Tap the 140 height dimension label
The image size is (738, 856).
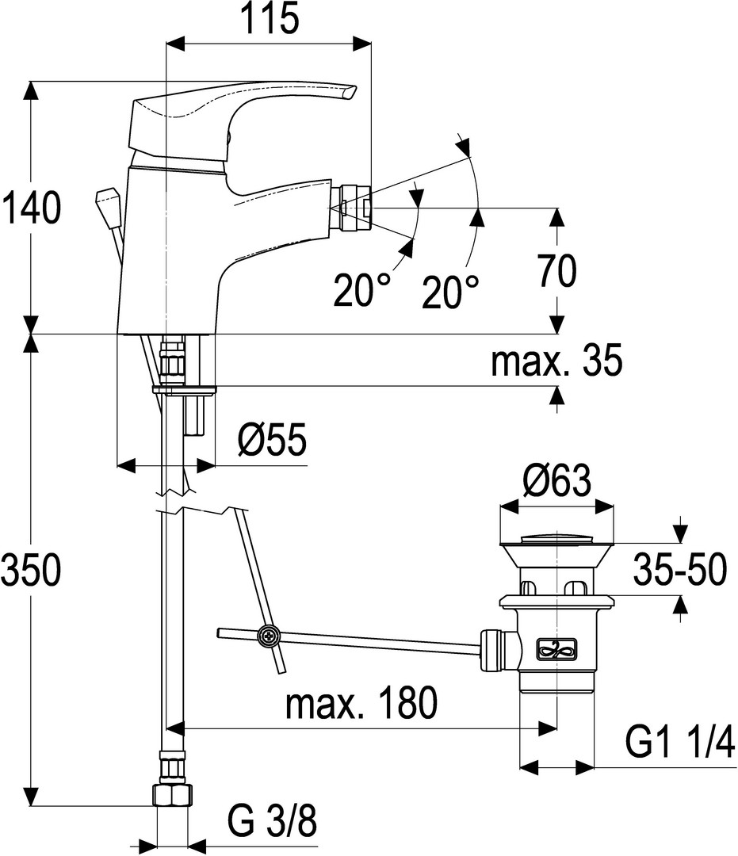(x=31, y=208)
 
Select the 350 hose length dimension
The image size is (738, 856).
(x=31, y=570)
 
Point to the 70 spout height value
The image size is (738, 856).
(x=556, y=270)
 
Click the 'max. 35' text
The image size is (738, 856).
(x=556, y=361)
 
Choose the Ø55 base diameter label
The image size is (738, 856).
(x=272, y=439)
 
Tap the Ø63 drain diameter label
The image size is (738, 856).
(x=556, y=480)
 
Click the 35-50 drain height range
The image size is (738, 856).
(x=680, y=570)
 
